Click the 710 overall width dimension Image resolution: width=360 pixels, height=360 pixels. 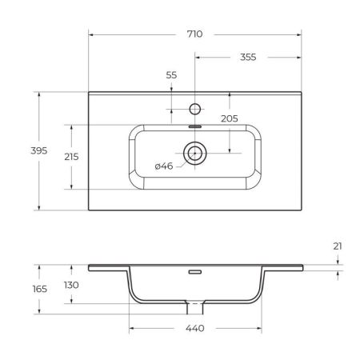click(194, 34)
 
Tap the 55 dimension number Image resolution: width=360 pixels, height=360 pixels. click(171, 74)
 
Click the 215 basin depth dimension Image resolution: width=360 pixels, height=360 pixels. click(71, 157)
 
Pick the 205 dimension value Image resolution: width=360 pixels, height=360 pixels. click(230, 118)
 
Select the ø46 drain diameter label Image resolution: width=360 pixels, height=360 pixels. click(164, 166)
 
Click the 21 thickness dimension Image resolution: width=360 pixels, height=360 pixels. click(338, 245)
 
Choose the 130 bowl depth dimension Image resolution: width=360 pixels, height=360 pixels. click(72, 286)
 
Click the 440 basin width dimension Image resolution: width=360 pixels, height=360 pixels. click(195, 329)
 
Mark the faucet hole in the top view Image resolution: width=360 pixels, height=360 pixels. click(194, 107)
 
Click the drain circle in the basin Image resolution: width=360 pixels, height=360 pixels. click(194, 151)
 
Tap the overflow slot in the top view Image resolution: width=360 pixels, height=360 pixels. click(194, 125)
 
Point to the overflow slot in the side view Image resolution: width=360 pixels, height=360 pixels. click(194, 271)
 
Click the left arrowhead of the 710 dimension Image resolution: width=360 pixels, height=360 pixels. click(90, 34)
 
